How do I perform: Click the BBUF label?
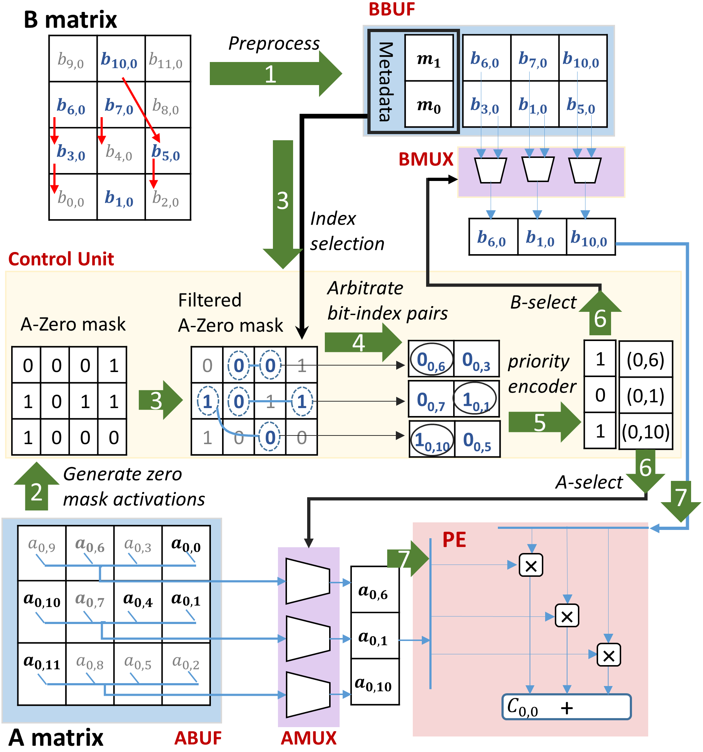(x=392, y=9)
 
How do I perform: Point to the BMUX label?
(x=425, y=159)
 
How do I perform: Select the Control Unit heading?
(x=61, y=259)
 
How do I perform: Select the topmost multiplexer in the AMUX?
(x=308, y=581)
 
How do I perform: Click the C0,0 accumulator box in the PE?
(x=566, y=707)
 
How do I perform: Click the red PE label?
(x=454, y=540)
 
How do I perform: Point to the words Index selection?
(x=346, y=231)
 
